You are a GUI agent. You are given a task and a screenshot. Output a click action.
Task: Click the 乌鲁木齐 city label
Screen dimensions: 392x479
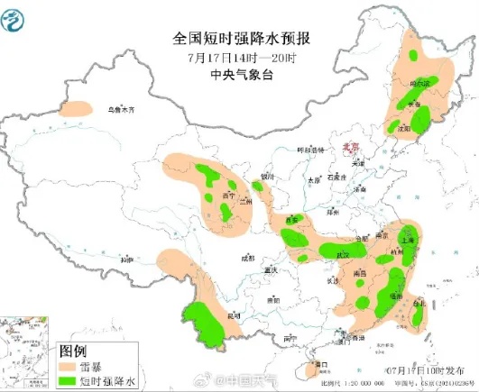pos(120,110)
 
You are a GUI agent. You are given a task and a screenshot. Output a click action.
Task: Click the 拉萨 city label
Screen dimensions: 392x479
pos(125,260)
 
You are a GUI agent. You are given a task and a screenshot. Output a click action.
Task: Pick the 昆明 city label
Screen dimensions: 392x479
pos(235,316)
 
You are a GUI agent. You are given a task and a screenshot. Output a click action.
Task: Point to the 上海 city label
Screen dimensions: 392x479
pos(407,241)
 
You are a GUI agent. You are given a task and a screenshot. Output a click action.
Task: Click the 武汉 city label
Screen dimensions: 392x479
pos(342,256)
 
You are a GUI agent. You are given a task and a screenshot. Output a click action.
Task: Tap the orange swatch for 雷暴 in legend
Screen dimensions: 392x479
pos(69,368)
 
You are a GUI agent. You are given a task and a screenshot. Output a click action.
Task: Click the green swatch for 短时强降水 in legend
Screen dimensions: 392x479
pos(69,382)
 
